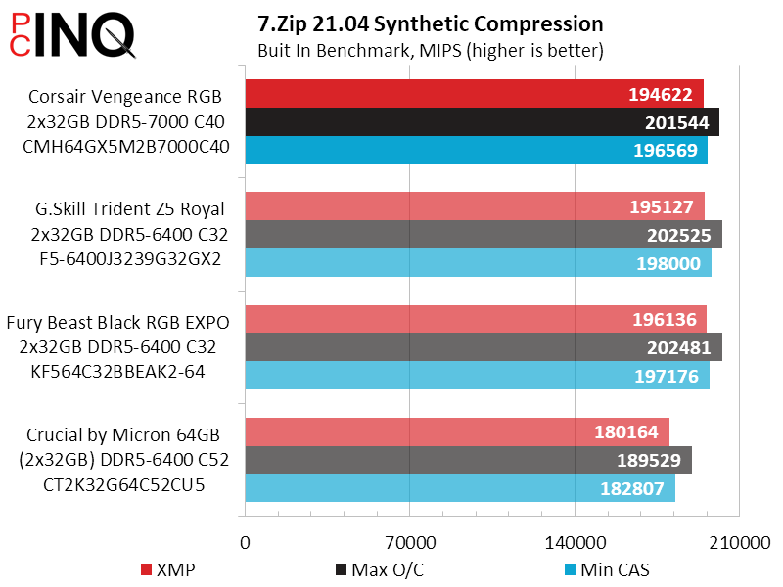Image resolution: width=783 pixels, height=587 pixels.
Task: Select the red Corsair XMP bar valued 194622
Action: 474,94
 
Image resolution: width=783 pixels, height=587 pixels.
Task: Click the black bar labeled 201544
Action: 482,122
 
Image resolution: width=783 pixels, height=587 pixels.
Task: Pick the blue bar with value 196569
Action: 476,151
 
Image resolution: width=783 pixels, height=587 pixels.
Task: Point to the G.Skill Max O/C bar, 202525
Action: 484,235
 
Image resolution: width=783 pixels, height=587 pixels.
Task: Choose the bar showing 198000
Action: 478,263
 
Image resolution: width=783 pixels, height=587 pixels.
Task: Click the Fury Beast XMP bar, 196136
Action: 475,319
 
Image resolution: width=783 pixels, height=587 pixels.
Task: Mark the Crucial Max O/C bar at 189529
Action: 468,460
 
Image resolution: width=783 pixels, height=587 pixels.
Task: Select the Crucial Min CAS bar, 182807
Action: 459,488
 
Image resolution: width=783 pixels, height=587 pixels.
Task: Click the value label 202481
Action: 682,347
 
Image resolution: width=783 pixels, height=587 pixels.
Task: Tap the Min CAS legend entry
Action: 606,569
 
